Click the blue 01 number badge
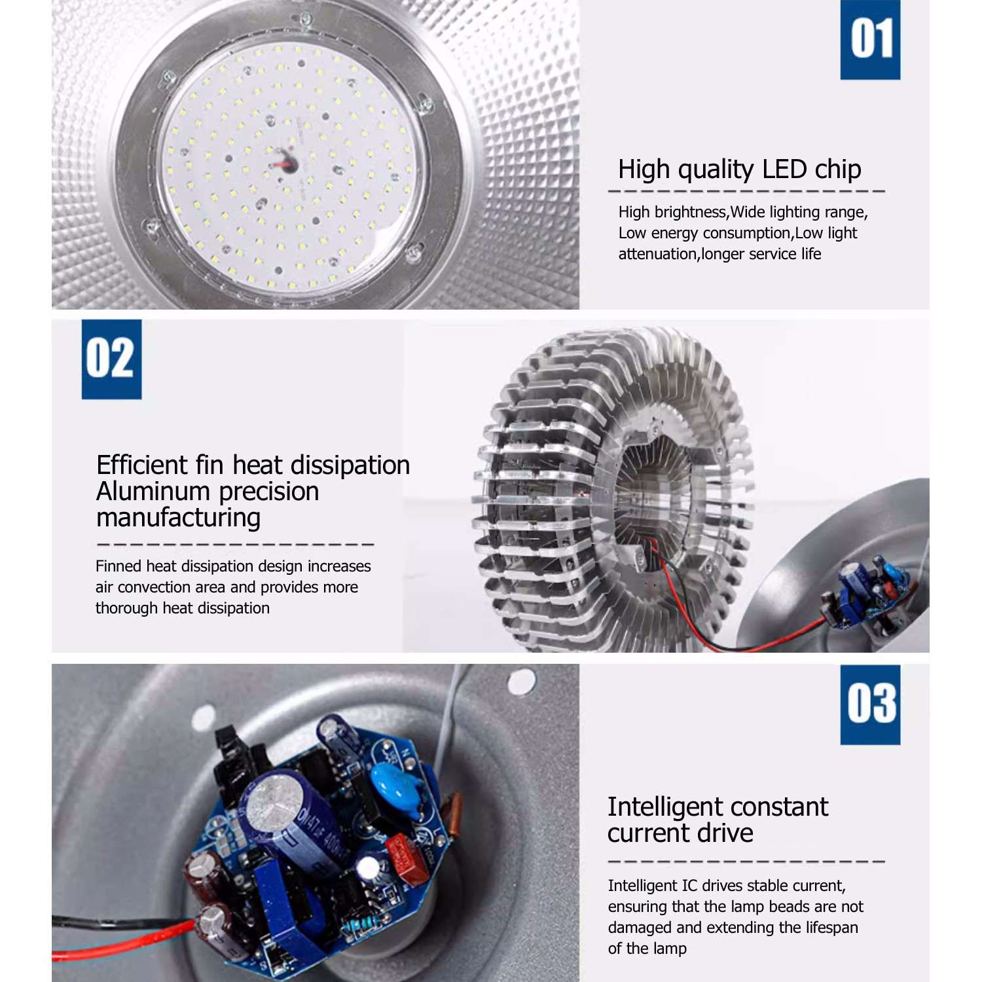(x=870, y=40)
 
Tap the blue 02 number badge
(x=111, y=359)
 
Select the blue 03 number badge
(x=870, y=705)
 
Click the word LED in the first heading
(x=784, y=169)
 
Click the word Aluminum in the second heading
(x=153, y=491)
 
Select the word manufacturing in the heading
(x=178, y=518)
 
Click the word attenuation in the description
(x=658, y=254)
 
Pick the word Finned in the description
(x=118, y=566)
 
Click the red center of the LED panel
(x=285, y=161)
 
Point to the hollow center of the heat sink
(x=655, y=498)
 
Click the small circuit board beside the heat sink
(x=867, y=592)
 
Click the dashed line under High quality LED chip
(x=746, y=191)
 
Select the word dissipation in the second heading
(x=350, y=465)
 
